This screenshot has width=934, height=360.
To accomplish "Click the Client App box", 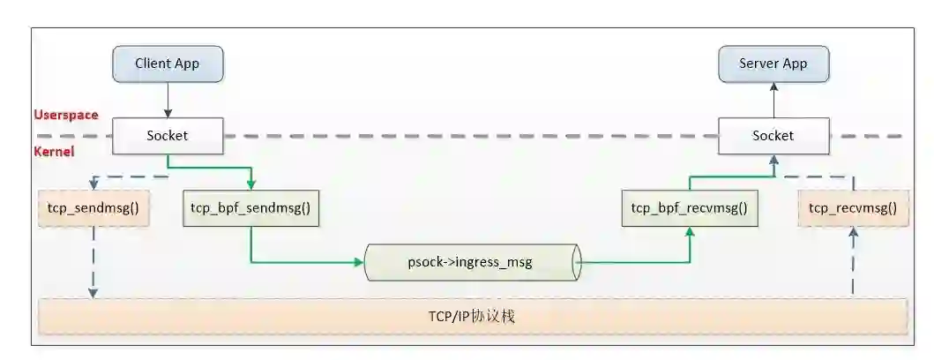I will tap(168, 64).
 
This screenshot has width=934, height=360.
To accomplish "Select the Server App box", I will tap(773, 64).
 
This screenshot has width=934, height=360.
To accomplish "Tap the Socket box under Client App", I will tap(168, 136).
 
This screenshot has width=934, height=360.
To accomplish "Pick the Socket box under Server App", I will tap(773, 136).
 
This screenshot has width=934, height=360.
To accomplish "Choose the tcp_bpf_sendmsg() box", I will tap(251, 209).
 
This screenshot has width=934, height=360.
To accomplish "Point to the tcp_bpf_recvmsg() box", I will tap(689, 209).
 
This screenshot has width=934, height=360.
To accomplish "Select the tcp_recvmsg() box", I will tap(852, 209).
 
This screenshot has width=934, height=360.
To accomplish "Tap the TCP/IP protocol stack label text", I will tap(471, 317).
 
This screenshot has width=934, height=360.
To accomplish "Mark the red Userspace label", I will tap(66, 115).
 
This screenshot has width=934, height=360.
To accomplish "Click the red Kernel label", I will tap(54, 152).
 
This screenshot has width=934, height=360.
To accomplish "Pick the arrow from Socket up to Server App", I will tap(773, 100).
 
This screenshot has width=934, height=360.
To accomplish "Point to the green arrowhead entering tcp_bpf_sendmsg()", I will tap(251, 184).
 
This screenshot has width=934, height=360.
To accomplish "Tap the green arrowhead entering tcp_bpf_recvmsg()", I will tap(690, 232).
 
